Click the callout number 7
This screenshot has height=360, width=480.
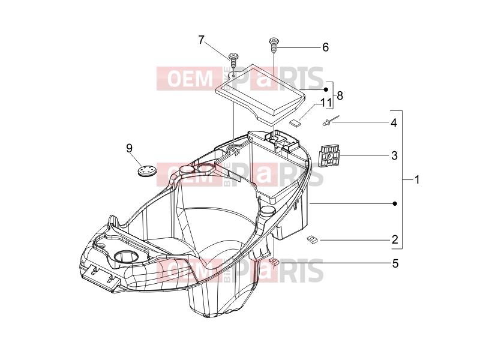pyautogui.click(x=201, y=40)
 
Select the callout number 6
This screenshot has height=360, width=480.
pyautogui.click(x=325, y=47)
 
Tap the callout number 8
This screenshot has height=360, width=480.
pyautogui.click(x=340, y=96)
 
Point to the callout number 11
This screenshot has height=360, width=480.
pyautogui.click(x=326, y=103)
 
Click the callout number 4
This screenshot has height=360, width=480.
pyautogui.click(x=394, y=123)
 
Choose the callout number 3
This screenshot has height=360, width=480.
pyautogui.click(x=394, y=155)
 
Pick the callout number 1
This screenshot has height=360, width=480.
pyautogui.click(x=416, y=179)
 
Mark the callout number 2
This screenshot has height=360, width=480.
pyautogui.click(x=395, y=239)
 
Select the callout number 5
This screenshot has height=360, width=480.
pyautogui.click(x=395, y=263)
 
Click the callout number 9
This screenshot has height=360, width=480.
pyautogui.click(x=129, y=148)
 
